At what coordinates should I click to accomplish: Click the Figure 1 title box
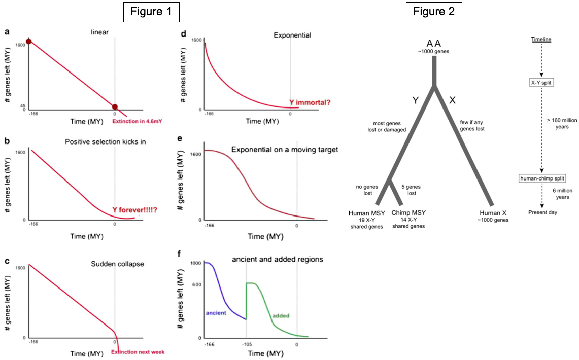click(151, 12)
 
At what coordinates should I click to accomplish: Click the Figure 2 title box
click(434, 12)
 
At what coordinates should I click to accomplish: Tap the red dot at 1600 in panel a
click(29, 41)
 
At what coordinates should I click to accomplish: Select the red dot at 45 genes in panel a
click(115, 107)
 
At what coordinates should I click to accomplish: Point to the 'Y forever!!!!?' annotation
click(134, 209)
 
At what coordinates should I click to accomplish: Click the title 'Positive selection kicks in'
click(106, 141)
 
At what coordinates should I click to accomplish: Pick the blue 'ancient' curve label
click(216, 313)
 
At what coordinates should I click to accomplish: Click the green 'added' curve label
click(281, 316)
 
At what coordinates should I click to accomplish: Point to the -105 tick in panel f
click(246, 345)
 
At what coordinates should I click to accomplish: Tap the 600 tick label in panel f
click(197, 284)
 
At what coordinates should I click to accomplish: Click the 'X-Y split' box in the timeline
click(541, 81)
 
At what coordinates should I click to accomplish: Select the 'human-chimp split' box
click(541, 178)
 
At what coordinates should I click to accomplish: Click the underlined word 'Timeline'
click(541, 40)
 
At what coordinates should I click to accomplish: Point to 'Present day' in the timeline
click(542, 212)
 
